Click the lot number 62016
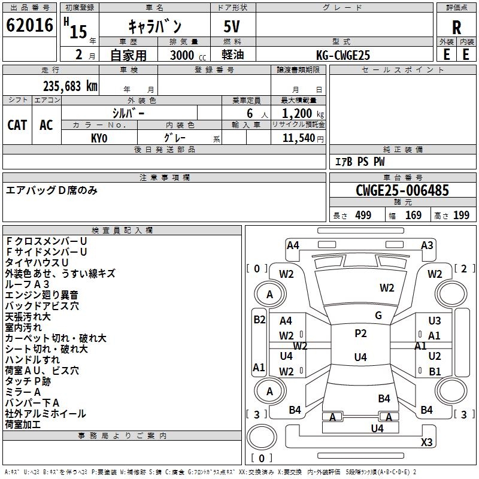click(30, 26)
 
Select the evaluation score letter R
click(456, 28)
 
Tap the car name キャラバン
click(155, 26)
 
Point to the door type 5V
click(233, 27)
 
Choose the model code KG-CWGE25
click(343, 55)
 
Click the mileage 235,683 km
click(70, 86)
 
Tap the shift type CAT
click(17, 125)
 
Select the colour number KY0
click(99, 138)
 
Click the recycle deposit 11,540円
click(303, 138)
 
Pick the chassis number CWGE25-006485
click(402, 191)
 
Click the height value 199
click(461, 216)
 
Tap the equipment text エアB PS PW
click(359, 162)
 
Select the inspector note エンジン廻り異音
click(41, 295)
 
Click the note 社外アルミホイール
click(46, 414)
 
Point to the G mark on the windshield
click(378, 316)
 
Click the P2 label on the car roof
click(360, 334)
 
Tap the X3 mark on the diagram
click(426, 442)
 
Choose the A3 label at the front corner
click(427, 245)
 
